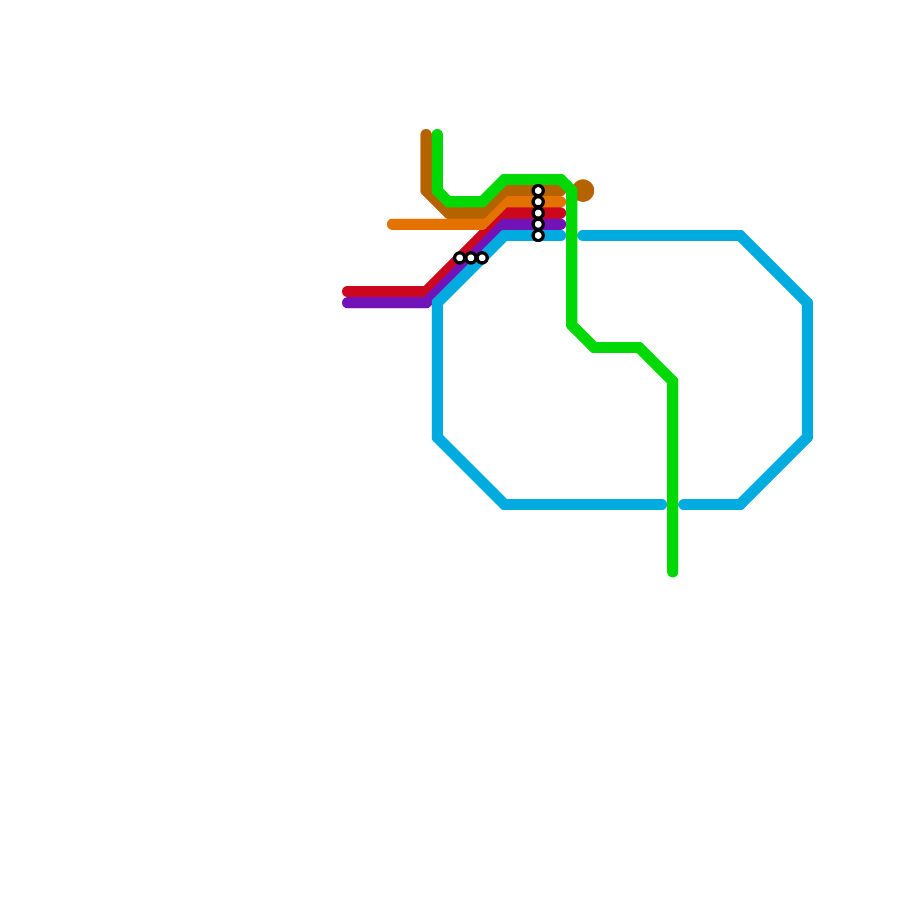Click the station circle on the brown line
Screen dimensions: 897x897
point(538,191)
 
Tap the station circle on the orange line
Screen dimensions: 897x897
point(538,202)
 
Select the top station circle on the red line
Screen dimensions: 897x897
point(538,213)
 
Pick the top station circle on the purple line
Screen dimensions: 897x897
point(538,224)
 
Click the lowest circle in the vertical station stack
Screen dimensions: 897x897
point(538,236)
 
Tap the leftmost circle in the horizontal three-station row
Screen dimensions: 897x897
point(460,258)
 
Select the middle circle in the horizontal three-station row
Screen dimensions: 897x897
point(471,258)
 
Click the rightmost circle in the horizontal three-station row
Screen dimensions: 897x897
point(482,258)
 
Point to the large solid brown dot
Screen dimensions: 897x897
point(584,191)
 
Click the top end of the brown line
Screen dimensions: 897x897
point(426,135)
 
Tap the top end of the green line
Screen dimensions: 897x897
point(437,135)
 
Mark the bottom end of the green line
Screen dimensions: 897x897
point(673,572)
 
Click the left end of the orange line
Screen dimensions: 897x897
point(392,224)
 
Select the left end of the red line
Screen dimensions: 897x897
point(347,292)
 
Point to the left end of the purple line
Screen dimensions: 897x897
point(347,303)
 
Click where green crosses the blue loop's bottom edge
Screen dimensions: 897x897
point(673,505)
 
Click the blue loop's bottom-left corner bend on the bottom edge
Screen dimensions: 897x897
point(505,505)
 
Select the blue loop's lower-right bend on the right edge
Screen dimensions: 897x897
point(807,438)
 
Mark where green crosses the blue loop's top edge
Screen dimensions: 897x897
point(572,235)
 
